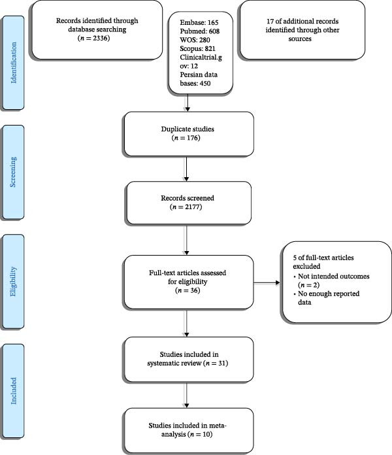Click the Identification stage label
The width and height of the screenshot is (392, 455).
[13, 63]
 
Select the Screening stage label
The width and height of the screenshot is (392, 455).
[13, 172]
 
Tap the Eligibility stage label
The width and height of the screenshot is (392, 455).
[13, 282]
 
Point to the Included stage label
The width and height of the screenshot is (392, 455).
[13, 390]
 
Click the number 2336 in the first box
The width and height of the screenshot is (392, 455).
[101, 38]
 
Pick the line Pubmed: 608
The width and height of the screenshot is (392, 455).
[199, 31]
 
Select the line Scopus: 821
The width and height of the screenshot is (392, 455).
[197, 48]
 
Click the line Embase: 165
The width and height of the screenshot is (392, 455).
[199, 22]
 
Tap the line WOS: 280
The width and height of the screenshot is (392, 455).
[195, 40]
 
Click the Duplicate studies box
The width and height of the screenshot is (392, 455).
[189, 134]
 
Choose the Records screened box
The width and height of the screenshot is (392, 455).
[189, 203]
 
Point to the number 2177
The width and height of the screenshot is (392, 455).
[193, 207]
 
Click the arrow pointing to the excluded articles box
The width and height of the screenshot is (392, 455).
[267, 282]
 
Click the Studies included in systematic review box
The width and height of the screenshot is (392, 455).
[189, 360]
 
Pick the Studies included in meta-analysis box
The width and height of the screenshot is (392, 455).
[189, 430]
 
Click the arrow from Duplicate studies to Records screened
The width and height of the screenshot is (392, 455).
[186, 169]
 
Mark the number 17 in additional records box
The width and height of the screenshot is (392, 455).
[270, 21]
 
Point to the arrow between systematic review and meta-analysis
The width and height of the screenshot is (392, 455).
[186, 395]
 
